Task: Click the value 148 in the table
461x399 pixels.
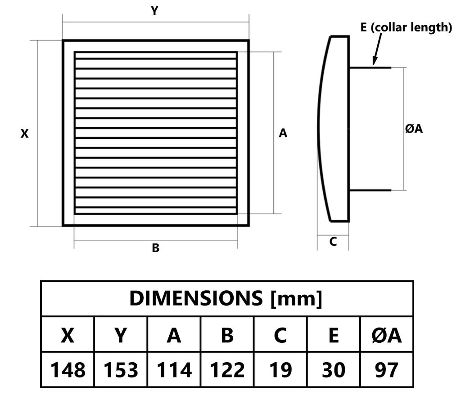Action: pos(68,370)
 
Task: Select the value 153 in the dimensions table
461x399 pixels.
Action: pos(121,370)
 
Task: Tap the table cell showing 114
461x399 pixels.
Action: pos(174,370)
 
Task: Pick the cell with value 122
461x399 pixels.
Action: pos(227,370)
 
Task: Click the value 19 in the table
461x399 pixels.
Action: pos(281,370)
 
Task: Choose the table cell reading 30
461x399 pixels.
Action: pos(334,370)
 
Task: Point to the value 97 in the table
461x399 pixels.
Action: pos(387,370)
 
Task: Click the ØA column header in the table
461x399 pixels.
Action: pos(387,335)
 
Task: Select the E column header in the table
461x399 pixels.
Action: pos(334,335)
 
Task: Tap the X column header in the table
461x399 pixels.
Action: pos(68,335)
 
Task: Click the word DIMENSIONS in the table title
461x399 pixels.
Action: pos(196,298)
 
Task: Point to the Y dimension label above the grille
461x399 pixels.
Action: pos(155,11)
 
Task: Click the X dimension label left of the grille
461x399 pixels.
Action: pos(25,133)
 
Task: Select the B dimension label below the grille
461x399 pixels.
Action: pos(155,248)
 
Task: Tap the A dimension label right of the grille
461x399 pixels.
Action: pos(283,133)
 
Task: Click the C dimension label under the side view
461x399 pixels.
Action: pos(333,241)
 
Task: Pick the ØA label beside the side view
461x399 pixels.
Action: pos(414,129)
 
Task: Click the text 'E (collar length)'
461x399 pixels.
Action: pos(406,27)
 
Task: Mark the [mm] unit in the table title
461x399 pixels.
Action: pos(296,299)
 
